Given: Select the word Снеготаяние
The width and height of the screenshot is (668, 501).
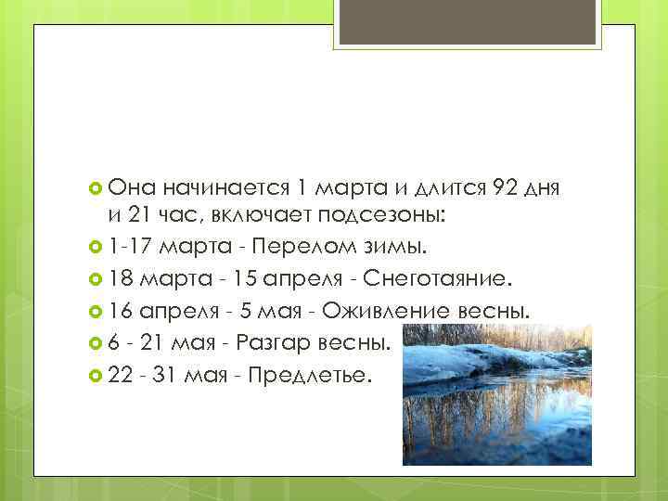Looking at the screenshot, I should pos(444,278).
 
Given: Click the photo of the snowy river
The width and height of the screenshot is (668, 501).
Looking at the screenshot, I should pos(496,393).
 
